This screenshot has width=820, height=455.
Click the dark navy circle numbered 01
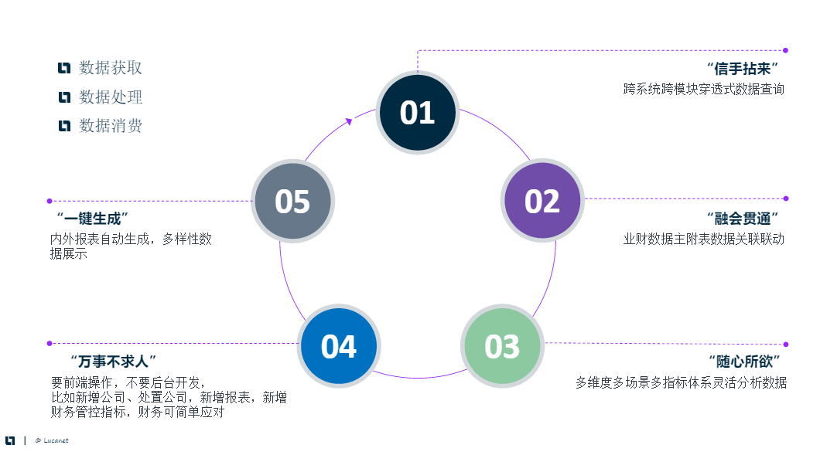click(417, 113)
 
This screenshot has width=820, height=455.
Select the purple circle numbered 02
click(542, 201)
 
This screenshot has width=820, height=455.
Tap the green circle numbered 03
click(502, 346)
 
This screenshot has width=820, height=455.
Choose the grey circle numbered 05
click(292, 201)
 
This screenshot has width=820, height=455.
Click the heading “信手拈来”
click(741, 69)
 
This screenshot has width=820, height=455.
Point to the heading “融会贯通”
click(741, 218)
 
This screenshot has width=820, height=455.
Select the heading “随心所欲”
click(744, 361)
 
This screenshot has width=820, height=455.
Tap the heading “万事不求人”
click(113, 361)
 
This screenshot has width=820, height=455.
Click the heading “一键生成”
click(92, 218)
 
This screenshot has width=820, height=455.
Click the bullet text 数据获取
click(111, 68)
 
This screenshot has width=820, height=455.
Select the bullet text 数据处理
click(111, 97)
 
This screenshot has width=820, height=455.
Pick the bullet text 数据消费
click(111, 126)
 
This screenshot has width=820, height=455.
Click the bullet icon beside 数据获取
click(64, 68)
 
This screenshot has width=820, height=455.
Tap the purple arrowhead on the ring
click(349, 121)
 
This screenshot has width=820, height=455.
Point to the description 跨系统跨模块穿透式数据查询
click(704, 90)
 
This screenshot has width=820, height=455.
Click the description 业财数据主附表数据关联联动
click(704, 239)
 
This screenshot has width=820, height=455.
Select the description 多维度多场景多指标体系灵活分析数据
click(681, 382)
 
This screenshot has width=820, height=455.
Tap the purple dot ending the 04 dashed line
click(50, 343)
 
